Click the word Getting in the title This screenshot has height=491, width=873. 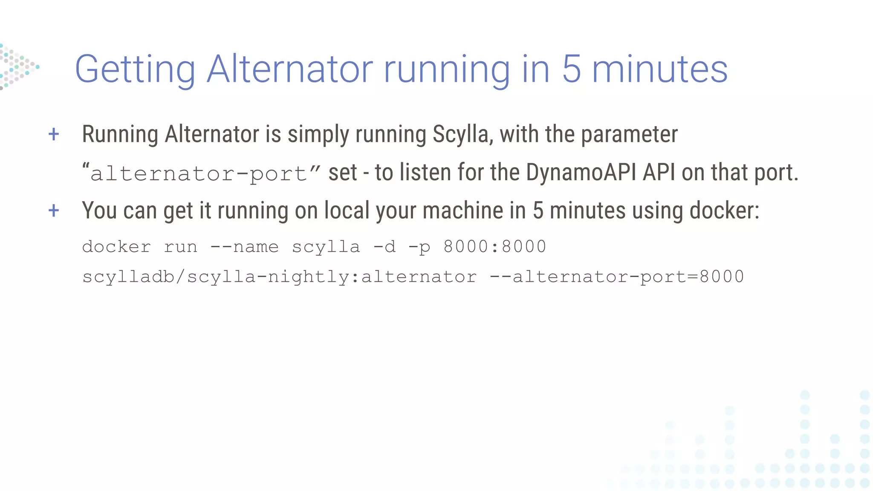click(135, 69)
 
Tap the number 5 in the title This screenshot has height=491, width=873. click(571, 69)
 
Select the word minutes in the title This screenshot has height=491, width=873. click(660, 69)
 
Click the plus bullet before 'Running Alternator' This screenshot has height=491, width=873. click(54, 134)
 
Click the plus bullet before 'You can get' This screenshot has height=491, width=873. click(54, 210)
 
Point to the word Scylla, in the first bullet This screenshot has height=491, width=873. click(463, 135)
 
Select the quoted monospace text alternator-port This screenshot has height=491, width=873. click(200, 173)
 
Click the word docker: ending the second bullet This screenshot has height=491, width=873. click(724, 211)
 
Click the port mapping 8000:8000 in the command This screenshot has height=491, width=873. click(494, 247)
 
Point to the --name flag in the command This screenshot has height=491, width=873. click(244, 247)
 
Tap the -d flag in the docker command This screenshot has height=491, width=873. click(384, 247)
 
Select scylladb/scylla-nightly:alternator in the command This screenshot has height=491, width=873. click(279, 277)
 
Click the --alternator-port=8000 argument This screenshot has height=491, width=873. click(616, 277)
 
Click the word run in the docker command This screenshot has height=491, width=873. click(181, 247)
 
